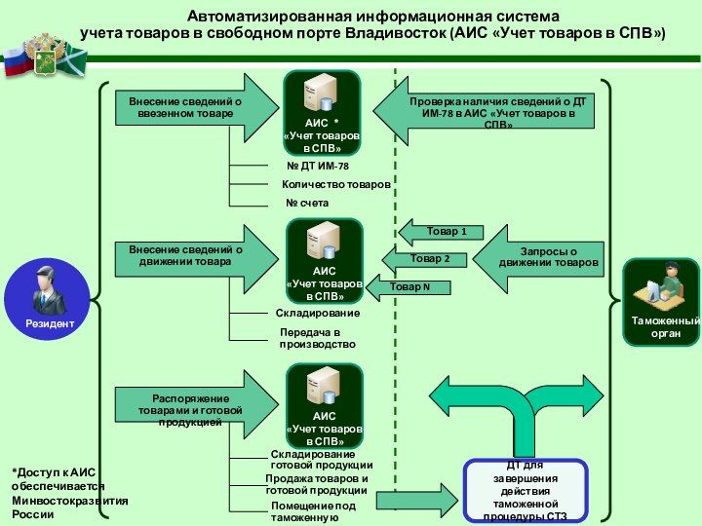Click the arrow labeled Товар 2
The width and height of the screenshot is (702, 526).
click(x=425, y=259)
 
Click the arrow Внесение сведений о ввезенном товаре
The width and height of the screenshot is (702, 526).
click(x=190, y=107)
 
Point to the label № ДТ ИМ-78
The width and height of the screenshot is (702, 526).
click(x=317, y=167)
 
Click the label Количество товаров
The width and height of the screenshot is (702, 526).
click(x=335, y=184)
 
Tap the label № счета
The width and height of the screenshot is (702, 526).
click(x=307, y=203)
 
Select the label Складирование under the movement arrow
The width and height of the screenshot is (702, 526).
click(x=318, y=314)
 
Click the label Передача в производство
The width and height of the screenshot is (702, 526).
click(x=318, y=339)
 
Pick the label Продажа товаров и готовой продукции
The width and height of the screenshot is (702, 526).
click(x=317, y=484)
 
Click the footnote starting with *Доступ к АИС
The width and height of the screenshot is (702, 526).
click(x=68, y=492)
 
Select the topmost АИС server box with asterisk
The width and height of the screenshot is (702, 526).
click(x=322, y=112)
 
